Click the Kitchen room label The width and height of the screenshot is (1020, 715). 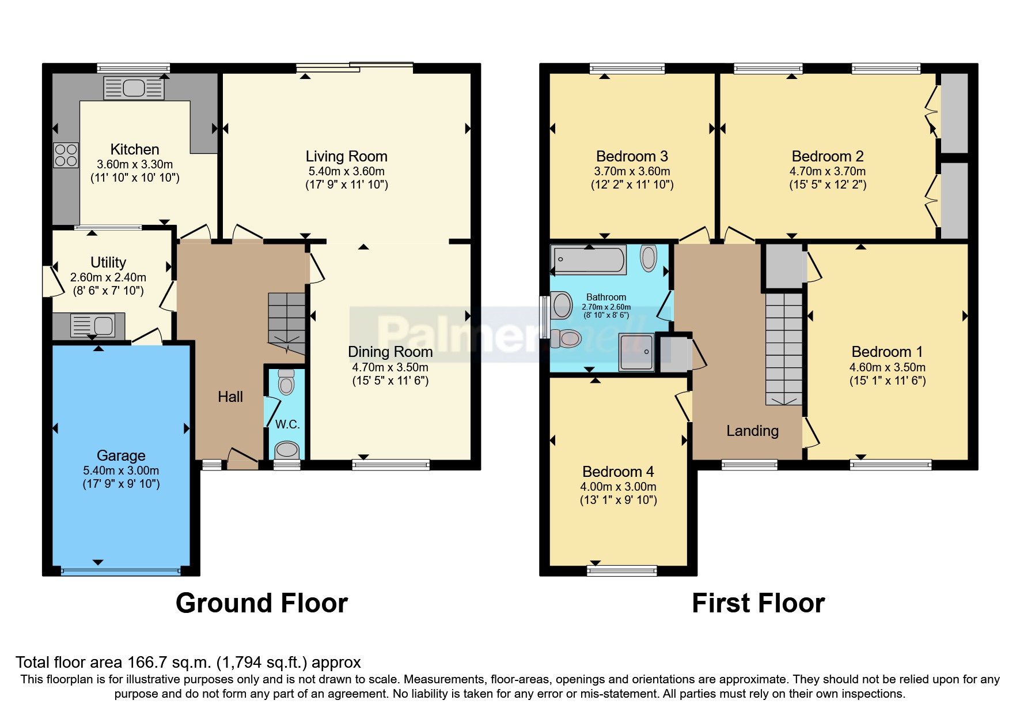tap(134, 149)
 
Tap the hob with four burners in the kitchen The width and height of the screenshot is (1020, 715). tap(66, 155)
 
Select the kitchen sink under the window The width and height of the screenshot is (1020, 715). tap(134, 88)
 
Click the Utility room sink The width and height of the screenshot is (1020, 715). tap(93, 326)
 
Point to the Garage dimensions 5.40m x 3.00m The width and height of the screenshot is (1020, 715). tap(121, 471)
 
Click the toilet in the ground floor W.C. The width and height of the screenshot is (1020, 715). tap(286, 381)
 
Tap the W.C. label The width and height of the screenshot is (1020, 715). tap(287, 424)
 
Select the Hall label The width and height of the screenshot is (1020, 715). tap(230, 397)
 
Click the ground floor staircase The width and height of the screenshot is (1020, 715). tap(286, 323)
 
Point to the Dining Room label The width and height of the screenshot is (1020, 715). tap(390, 352)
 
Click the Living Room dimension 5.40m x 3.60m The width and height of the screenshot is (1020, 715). tap(346, 171)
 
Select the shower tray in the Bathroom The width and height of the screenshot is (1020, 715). tap(636, 352)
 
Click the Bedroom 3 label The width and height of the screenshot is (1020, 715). tap(632, 156)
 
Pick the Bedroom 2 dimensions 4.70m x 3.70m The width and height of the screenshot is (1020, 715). tap(827, 171)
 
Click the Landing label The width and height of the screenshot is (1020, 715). tap(752, 431)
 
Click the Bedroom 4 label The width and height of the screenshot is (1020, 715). tap(618, 472)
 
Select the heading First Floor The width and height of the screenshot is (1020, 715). tap(758, 603)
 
